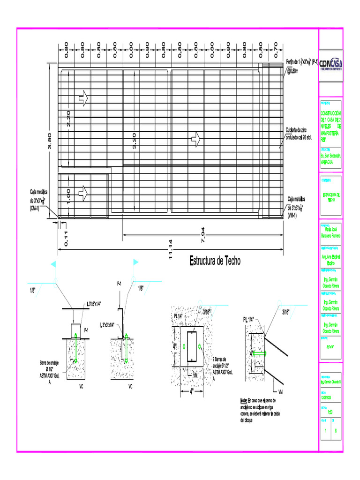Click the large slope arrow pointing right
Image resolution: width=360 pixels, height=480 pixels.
(195, 138)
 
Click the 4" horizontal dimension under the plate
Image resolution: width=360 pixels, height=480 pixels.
(192, 389)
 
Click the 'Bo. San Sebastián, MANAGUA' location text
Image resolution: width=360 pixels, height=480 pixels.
(330, 158)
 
